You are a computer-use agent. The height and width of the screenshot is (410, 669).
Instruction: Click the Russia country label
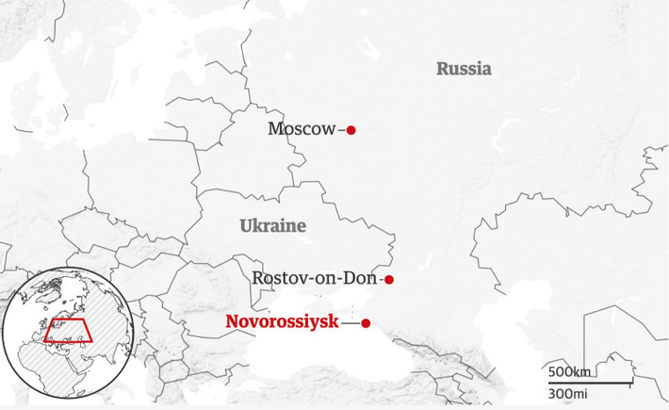pyautogui.click(x=464, y=69)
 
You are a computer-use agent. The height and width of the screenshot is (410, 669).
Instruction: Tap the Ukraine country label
pyautogui.click(x=273, y=226)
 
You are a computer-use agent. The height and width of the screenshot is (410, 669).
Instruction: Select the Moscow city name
pyautogui.click(x=302, y=129)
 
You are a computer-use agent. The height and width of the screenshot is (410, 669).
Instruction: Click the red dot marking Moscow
pyautogui.click(x=351, y=130)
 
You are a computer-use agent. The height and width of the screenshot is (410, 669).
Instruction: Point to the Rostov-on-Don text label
pyautogui.click(x=314, y=279)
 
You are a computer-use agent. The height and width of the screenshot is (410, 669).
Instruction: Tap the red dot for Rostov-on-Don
pyautogui.click(x=388, y=280)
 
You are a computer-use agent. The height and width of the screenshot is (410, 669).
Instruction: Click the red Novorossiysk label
pyautogui.click(x=282, y=322)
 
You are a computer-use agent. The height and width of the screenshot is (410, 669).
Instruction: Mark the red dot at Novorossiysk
pyautogui.click(x=367, y=323)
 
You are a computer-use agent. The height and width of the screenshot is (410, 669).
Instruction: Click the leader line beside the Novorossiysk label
pyautogui.click(x=351, y=323)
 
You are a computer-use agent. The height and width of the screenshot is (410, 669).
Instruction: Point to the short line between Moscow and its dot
pyautogui.click(x=341, y=130)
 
